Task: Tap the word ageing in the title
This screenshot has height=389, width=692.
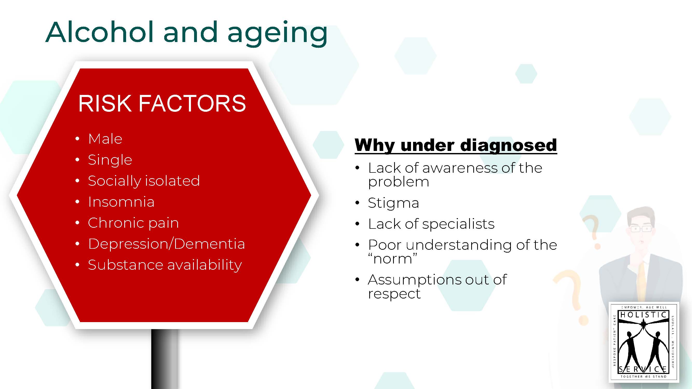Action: (277, 33)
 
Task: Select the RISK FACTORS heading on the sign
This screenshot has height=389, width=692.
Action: (162, 104)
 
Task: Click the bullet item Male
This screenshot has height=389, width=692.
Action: (105, 139)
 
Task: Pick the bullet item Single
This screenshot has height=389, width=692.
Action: (110, 160)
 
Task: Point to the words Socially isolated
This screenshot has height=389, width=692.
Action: (144, 181)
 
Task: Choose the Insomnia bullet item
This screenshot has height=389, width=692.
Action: (121, 202)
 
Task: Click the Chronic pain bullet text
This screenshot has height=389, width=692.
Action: (133, 223)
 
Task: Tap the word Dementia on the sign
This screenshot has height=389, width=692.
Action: (210, 244)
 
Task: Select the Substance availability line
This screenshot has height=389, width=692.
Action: (165, 265)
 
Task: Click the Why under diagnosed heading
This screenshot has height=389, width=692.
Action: (456, 145)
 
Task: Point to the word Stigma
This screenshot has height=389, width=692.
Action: (393, 203)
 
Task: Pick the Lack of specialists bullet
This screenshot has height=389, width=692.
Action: (431, 224)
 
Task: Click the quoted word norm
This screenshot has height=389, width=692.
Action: (393, 259)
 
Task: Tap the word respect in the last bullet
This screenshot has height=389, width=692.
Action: (394, 294)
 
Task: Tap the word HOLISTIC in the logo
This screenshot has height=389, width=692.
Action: (643, 315)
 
